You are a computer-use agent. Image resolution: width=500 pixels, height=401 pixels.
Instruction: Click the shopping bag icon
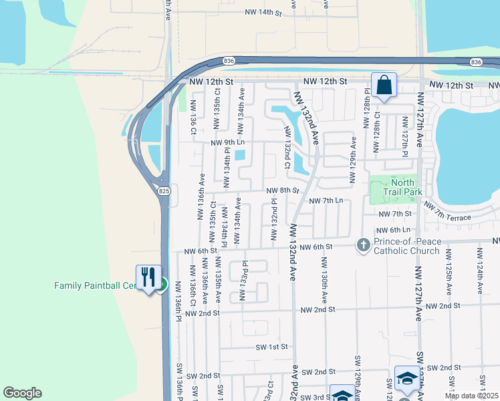tap(384, 85)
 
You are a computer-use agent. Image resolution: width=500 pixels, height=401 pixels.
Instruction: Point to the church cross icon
tap(364, 245)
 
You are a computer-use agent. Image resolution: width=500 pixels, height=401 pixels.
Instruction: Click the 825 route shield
tap(164, 191)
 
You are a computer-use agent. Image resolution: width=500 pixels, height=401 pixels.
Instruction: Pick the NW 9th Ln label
tap(228, 142)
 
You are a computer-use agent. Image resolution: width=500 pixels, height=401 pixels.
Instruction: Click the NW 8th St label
tap(282, 190)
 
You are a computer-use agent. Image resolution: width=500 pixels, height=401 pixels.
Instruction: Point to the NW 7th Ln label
tap(326, 200)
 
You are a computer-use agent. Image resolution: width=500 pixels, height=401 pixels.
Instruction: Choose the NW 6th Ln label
tap(392, 230)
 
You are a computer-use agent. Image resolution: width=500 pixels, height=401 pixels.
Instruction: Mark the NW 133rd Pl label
tap(244, 281)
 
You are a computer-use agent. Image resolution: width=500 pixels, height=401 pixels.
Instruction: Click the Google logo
tap(22, 393)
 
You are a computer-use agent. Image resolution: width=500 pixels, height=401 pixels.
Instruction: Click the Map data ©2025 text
tap(471, 396)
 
